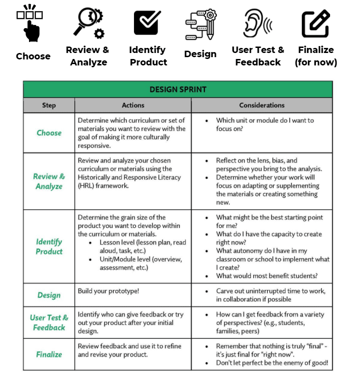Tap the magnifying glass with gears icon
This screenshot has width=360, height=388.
point(89,23)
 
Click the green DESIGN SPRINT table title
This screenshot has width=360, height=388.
point(178,89)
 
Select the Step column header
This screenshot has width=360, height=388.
point(49,106)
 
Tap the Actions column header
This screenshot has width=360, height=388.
point(133,106)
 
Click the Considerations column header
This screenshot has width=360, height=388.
point(261,106)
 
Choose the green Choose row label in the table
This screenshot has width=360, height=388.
point(49,133)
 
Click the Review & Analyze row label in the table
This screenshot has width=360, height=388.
point(49,181)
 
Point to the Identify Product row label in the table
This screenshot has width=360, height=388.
point(49,247)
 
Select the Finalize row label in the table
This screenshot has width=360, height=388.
point(49,354)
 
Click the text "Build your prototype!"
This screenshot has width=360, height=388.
point(108,291)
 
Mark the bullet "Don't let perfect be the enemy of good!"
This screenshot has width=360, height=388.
point(272,363)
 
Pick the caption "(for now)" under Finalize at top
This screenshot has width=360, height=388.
point(316,62)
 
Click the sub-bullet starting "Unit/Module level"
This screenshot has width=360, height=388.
point(141,263)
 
